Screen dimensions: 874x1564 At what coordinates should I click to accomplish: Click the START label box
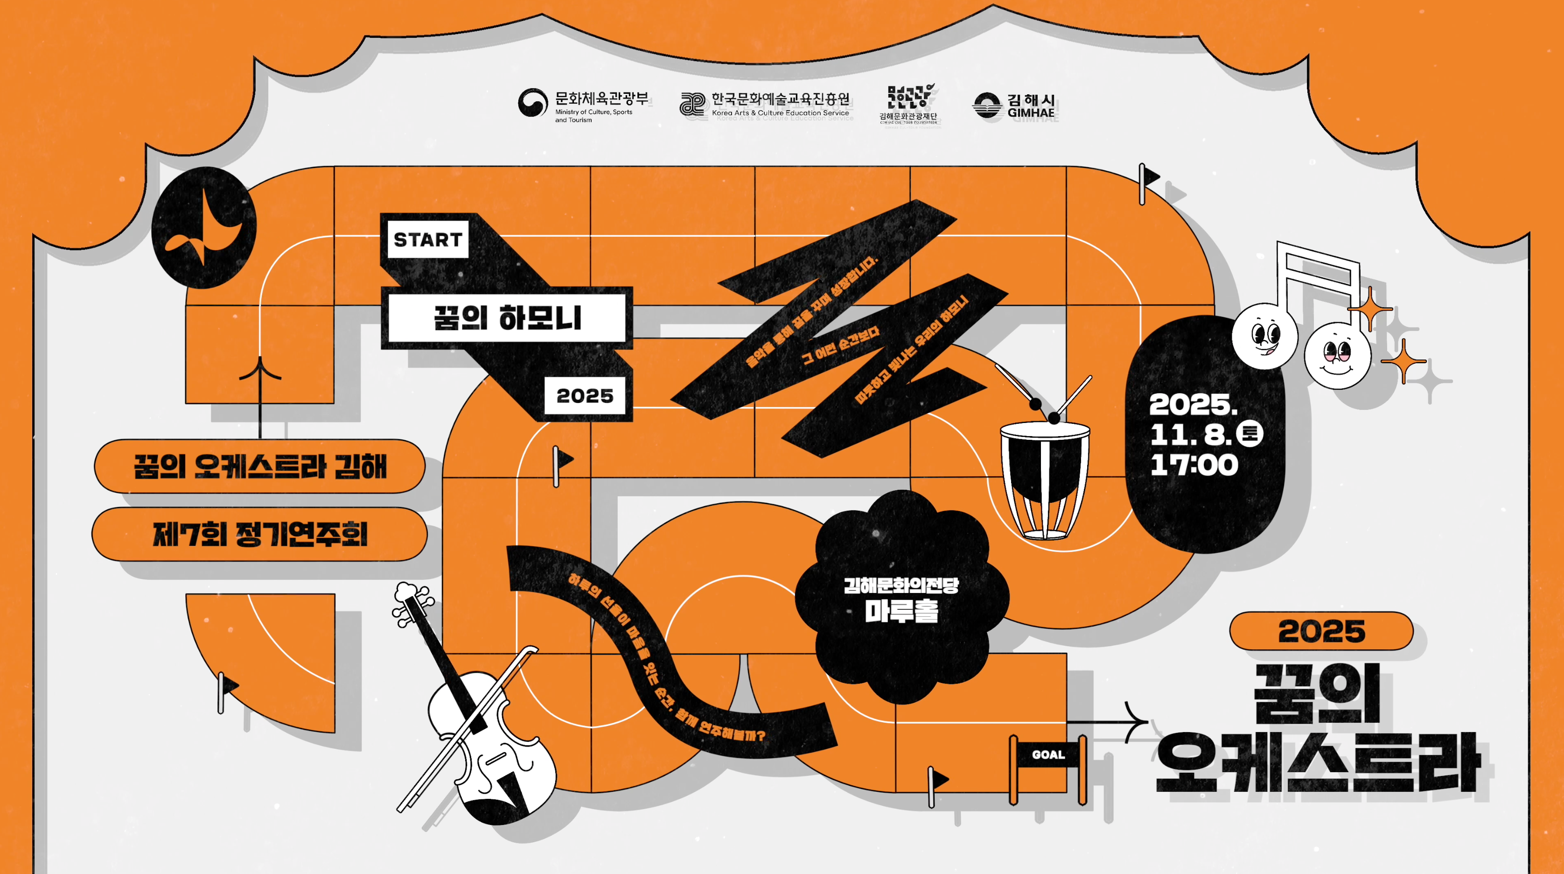tap(427, 240)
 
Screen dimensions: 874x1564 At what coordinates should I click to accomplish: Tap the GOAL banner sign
tap(1048, 755)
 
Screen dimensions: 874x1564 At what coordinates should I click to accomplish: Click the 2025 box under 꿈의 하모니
tap(585, 396)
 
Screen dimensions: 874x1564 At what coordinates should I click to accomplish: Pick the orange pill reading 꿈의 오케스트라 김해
tap(260, 466)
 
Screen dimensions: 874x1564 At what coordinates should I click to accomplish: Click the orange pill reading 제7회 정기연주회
tap(260, 535)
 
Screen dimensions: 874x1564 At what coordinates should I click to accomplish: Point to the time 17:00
tap(1194, 465)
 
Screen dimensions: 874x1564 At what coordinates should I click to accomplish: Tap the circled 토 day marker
tap(1250, 434)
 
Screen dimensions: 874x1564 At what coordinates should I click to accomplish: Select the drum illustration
tap(1044, 480)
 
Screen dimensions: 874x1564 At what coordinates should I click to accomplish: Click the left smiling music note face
tap(1264, 336)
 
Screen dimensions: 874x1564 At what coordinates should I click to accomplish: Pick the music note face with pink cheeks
tap(1338, 355)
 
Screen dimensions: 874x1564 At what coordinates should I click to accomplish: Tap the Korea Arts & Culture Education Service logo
tap(765, 105)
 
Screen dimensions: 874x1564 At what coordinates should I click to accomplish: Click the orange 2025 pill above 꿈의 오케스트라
tap(1321, 631)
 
